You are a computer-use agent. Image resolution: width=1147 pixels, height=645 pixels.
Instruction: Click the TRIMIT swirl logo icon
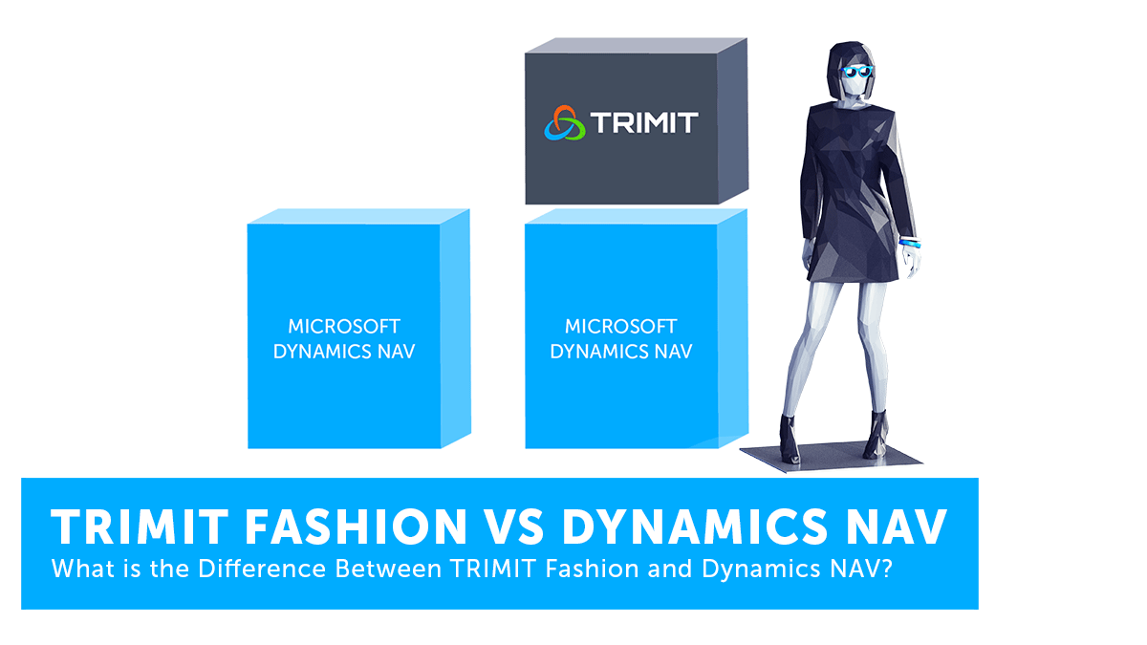564,123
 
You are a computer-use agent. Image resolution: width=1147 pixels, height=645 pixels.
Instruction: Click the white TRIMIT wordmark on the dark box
644,123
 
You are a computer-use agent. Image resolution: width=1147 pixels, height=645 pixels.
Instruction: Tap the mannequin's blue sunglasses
856,71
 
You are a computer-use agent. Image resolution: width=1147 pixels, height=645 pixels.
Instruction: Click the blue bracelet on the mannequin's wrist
910,243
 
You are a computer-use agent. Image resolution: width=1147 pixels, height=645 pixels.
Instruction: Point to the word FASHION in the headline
356,527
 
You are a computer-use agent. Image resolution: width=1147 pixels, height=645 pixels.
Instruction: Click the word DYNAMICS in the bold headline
695,527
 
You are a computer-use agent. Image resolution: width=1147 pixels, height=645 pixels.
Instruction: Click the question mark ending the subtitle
887,569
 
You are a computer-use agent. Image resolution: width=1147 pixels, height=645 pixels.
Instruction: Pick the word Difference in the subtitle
262,569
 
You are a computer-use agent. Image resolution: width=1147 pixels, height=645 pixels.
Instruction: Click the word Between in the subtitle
388,569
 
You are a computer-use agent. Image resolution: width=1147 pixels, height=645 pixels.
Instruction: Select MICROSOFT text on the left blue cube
344,326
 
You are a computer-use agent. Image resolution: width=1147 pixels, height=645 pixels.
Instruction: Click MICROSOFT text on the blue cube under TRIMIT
621,326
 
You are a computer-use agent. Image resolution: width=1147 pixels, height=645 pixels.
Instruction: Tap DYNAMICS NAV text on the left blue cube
344,352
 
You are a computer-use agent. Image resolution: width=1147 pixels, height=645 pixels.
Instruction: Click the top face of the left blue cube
359,216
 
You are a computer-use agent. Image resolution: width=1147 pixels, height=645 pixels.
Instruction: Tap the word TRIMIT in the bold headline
140,527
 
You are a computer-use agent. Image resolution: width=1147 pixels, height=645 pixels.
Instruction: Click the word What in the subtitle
83,569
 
